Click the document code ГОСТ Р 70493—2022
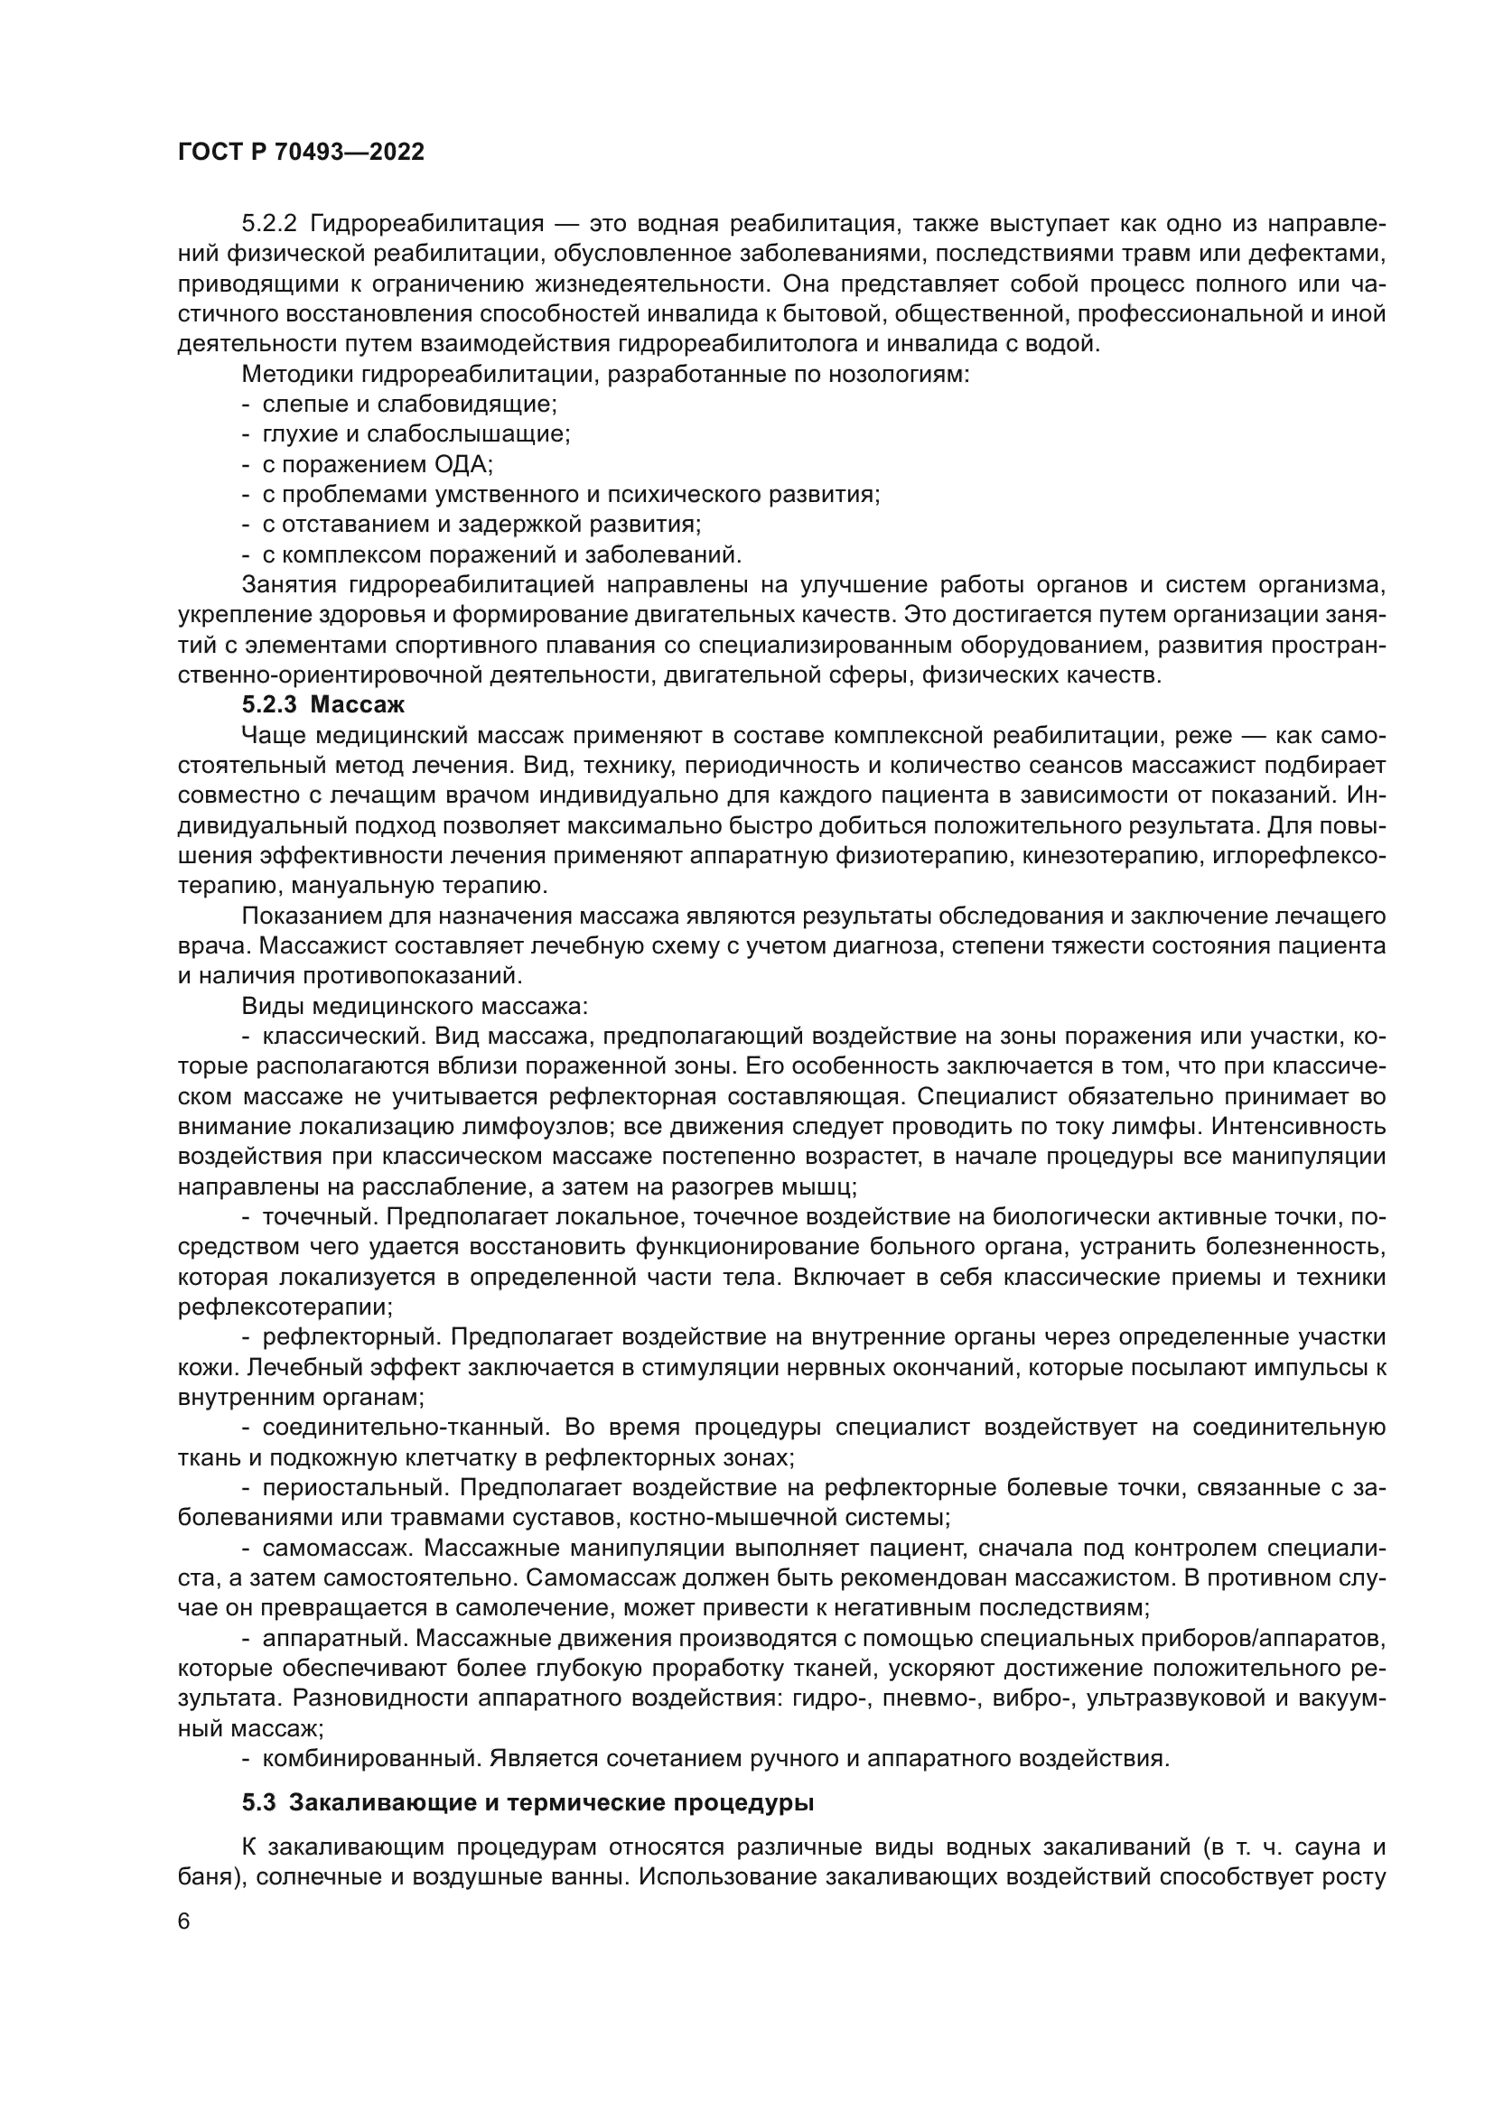click(x=301, y=153)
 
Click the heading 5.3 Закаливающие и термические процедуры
click(x=528, y=1803)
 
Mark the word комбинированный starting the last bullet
click(x=371, y=1759)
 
